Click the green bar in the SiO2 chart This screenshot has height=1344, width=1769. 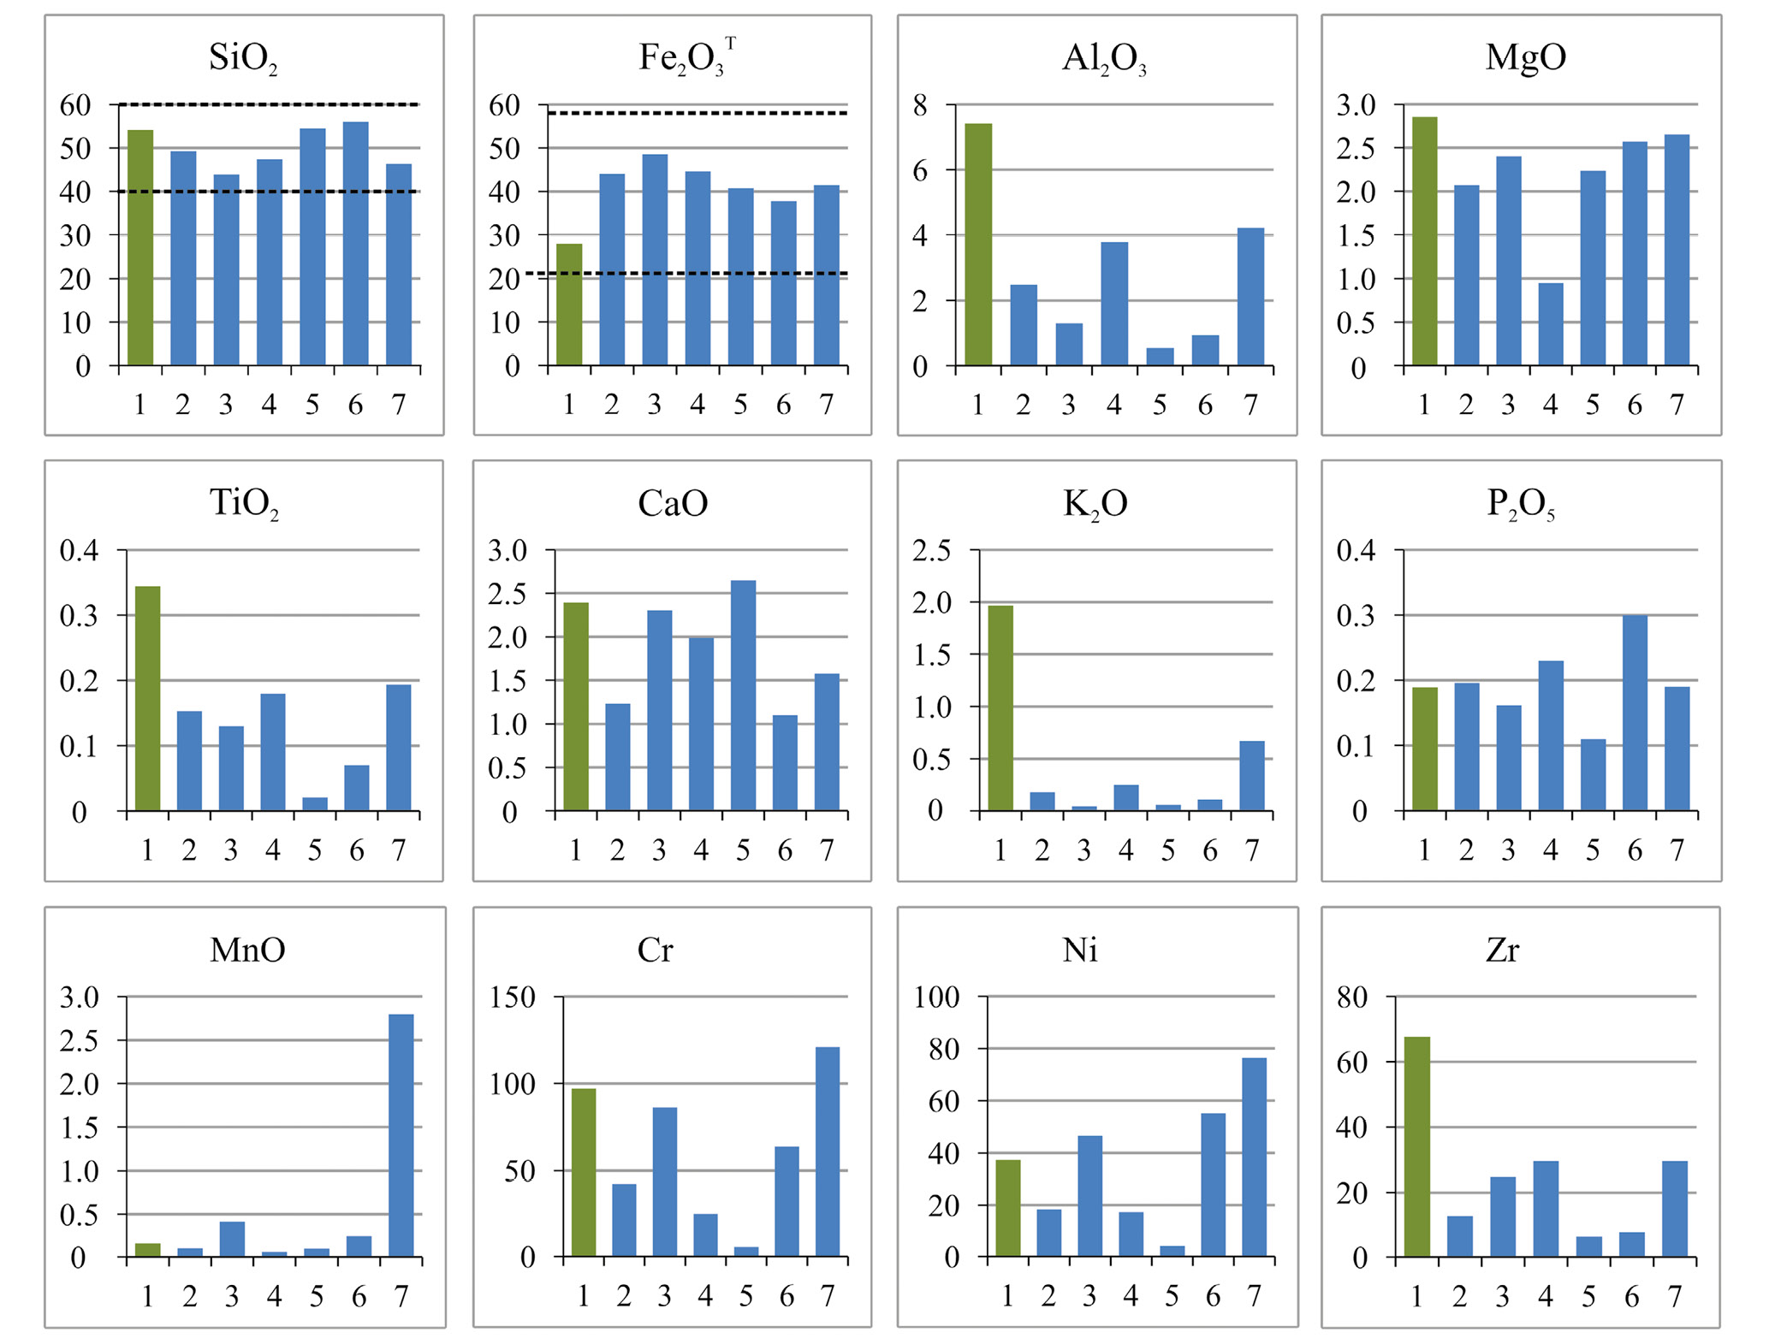(140, 248)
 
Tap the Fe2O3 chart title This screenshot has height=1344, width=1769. (686, 58)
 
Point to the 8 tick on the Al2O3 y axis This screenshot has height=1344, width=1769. (920, 105)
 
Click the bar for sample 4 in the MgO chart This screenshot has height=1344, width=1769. (1550, 324)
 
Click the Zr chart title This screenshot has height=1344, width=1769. (1502, 950)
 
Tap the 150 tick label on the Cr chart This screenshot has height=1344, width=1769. (512, 997)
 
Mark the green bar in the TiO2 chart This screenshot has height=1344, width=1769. (147, 698)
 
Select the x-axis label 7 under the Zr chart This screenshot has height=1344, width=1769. (1675, 1297)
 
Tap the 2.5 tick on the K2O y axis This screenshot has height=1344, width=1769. (931, 550)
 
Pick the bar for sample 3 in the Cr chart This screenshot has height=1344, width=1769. (665, 1181)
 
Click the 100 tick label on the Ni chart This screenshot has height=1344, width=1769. (936, 997)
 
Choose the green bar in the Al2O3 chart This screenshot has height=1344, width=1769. (978, 245)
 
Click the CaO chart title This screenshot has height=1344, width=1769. (673, 503)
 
